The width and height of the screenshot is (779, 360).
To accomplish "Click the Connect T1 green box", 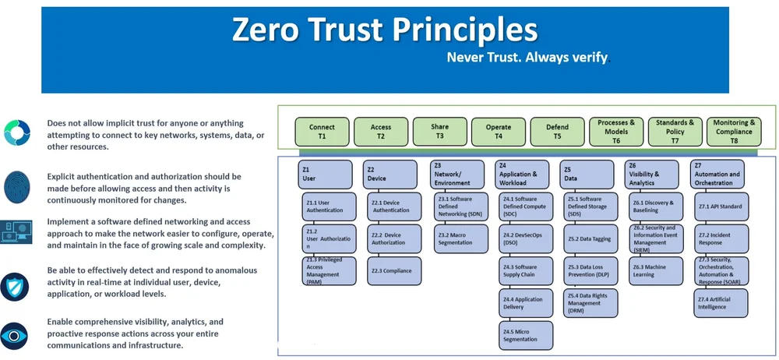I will tap(322, 131).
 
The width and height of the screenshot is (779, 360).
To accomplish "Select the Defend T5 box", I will tap(557, 131).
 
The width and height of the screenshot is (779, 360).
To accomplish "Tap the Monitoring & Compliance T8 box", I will tap(734, 131).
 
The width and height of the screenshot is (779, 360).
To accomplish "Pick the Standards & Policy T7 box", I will tap(675, 131).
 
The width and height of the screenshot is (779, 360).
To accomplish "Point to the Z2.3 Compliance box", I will tap(393, 270).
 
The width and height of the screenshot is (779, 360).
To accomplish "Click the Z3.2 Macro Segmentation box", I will tap(458, 238).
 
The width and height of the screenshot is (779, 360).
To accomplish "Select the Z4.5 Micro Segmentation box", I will tap(525, 335).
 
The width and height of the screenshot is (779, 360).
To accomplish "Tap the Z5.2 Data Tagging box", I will tap(590, 238).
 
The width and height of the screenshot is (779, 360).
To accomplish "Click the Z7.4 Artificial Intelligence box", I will tap(721, 303).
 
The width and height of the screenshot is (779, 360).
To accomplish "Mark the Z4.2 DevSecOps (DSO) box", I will tap(525, 238).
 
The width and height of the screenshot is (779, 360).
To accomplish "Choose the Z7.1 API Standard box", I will tap(721, 206).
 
